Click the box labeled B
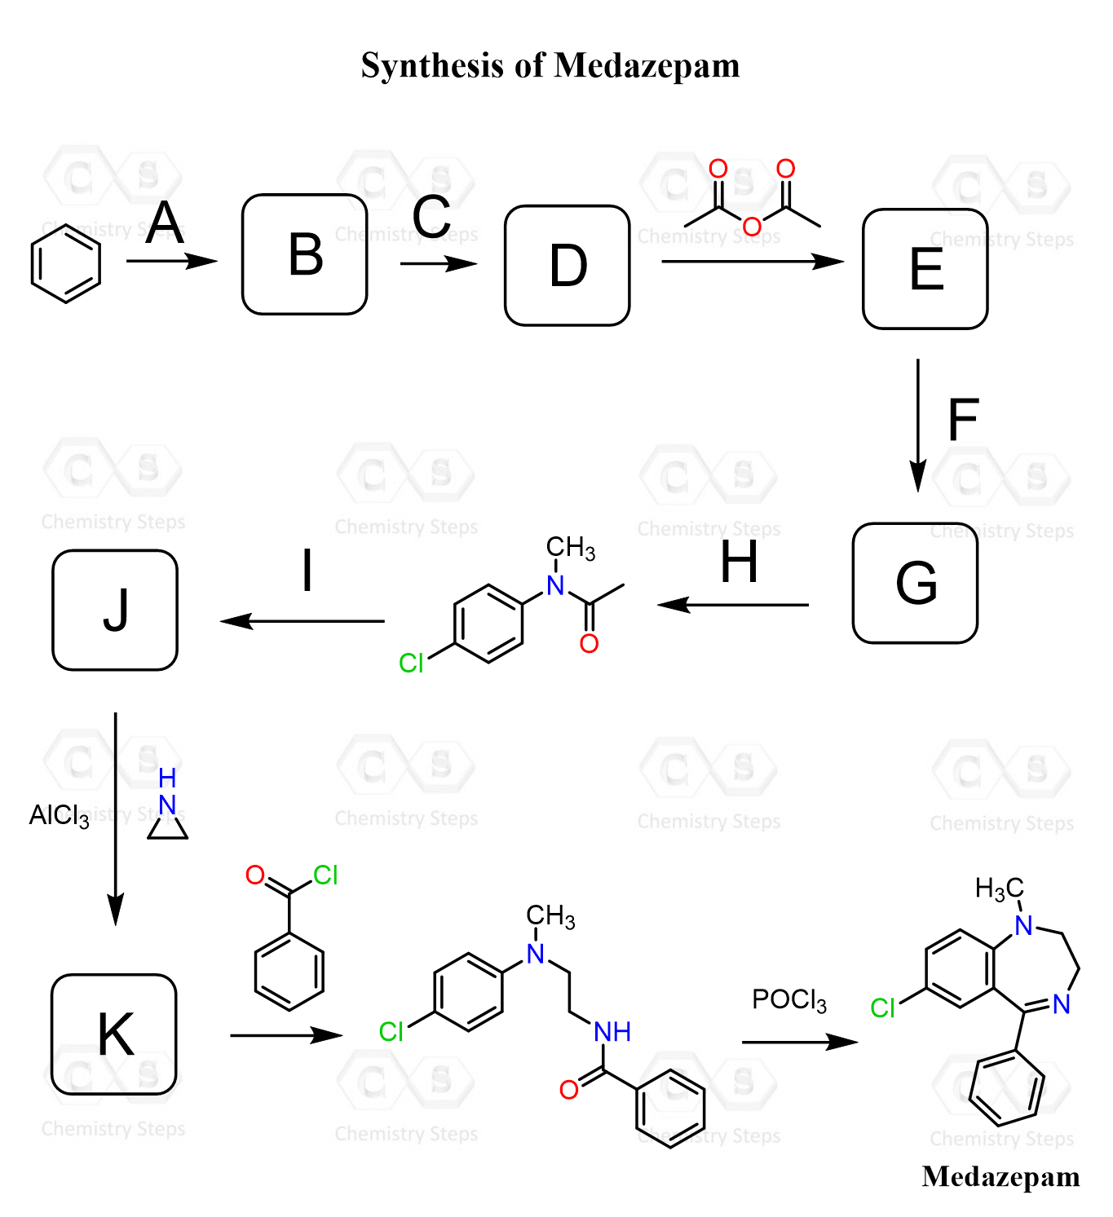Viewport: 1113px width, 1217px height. [304, 254]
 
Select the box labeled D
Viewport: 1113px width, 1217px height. [567, 266]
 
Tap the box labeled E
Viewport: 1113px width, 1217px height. [925, 269]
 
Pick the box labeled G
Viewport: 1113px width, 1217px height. [914, 583]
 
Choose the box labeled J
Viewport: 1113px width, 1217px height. [115, 610]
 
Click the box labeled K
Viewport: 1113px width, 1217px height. [114, 1034]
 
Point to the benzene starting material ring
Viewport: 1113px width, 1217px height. [66, 263]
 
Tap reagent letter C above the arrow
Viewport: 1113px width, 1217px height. [431, 217]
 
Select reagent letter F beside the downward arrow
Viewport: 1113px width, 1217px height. [962, 420]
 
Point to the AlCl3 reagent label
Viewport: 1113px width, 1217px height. [59, 815]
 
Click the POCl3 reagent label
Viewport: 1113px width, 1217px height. [788, 999]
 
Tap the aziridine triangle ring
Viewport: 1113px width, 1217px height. [168, 827]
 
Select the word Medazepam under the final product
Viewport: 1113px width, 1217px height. [1000, 1176]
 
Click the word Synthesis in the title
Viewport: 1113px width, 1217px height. [432, 65]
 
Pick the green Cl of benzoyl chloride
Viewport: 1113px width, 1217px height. [325, 875]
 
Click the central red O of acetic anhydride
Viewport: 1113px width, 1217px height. [752, 226]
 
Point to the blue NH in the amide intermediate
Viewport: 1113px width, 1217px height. [612, 1032]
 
